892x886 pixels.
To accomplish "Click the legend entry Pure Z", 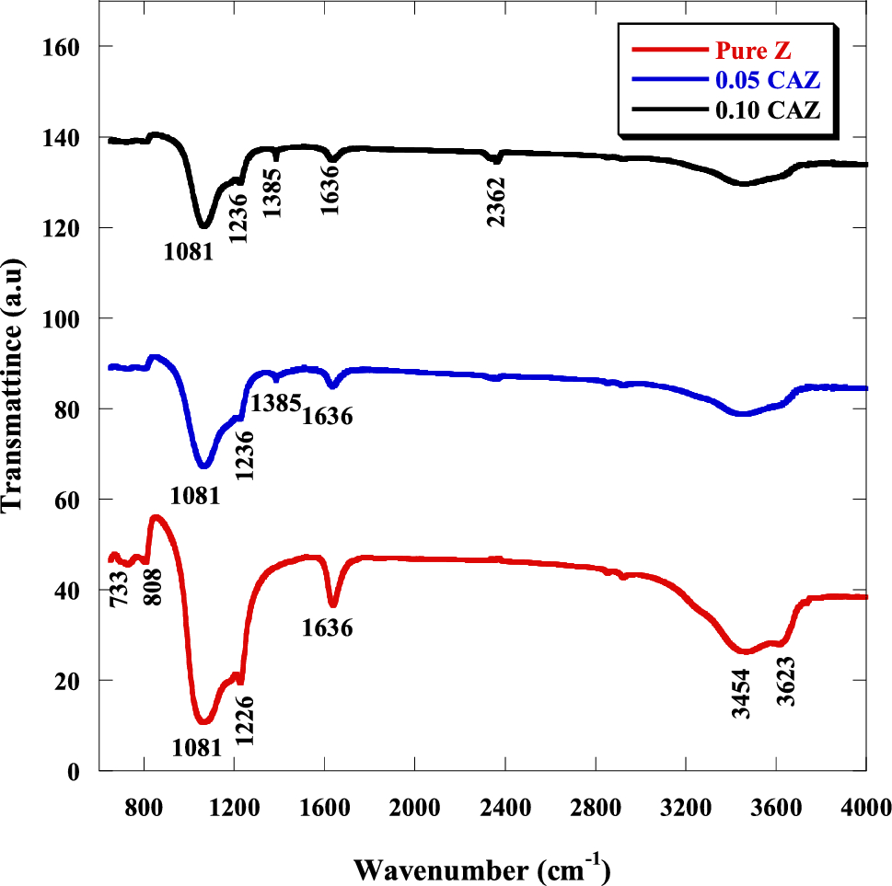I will pyautogui.click(x=752, y=50).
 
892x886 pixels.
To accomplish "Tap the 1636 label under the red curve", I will pyautogui.click(x=328, y=628).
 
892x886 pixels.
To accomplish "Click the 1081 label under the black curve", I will pyautogui.click(x=190, y=249).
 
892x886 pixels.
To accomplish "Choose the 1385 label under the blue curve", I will pyautogui.click(x=276, y=402).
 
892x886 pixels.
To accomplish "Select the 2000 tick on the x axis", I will pyautogui.click(x=414, y=808).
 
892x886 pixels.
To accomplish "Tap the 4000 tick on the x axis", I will pyautogui.click(x=865, y=808).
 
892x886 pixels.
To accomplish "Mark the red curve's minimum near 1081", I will pyautogui.click(x=203, y=720).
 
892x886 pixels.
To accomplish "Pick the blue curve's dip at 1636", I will pyautogui.click(x=333, y=386).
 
